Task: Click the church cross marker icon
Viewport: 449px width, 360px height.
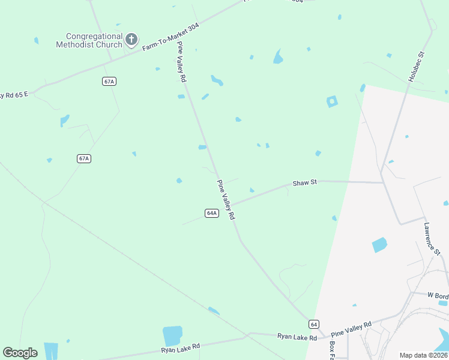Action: pos(131,41)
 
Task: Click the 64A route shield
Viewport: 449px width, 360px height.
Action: pos(211,213)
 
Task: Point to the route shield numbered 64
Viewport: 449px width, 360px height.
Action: pos(314,324)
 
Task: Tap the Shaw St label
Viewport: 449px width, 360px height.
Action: pos(304,182)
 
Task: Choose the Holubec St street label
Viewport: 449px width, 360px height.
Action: pos(416,67)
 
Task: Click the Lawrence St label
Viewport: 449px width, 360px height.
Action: pos(432,238)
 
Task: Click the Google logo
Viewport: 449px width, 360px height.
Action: pos(20,353)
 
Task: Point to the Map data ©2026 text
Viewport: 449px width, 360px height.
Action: pos(423,355)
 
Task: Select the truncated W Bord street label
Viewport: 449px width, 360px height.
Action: pos(438,296)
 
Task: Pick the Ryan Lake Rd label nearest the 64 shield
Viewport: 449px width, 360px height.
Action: pos(297,338)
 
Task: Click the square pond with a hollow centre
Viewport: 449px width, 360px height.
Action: pos(331,101)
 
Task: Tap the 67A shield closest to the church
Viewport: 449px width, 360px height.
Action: pos(109,82)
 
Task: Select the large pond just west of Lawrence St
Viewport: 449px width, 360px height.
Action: pos(379,245)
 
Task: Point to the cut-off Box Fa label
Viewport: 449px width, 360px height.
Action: pos(331,350)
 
